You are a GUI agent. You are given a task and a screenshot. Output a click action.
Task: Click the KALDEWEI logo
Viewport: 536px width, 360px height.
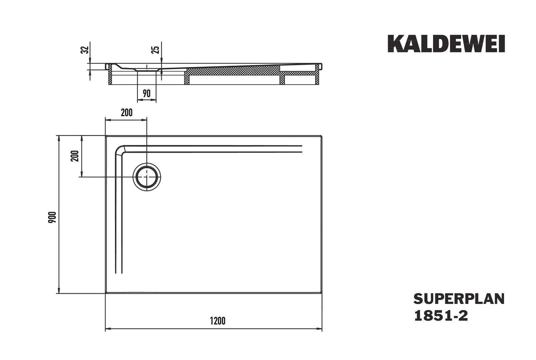(x=446, y=44)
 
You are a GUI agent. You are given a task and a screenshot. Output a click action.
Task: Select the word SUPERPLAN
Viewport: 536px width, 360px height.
(x=459, y=299)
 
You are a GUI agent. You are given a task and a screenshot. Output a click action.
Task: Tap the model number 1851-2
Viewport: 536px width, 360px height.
(x=441, y=316)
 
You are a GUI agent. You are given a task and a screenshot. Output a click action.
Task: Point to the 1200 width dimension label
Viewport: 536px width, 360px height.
(x=218, y=321)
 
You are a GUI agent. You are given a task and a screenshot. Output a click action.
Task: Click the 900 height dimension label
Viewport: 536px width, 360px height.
(x=52, y=217)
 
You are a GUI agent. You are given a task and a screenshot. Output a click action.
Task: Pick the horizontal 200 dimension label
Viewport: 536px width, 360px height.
(x=127, y=113)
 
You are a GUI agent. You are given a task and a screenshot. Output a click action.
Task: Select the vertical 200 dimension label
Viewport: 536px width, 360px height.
(x=75, y=156)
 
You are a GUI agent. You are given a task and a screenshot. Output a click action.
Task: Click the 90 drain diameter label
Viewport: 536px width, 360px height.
(x=147, y=94)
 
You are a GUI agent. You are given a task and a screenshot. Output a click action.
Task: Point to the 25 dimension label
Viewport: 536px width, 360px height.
(x=155, y=50)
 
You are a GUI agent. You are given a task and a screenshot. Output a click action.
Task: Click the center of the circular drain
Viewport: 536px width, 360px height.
(x=147, y=177)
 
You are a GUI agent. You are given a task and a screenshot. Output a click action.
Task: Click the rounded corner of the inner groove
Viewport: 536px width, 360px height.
(x=119, y=149)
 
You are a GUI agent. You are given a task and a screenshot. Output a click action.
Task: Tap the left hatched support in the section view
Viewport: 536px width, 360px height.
(x=110, y=74)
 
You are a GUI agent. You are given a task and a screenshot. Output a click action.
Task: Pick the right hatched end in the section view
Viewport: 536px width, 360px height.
(x=317, y=74)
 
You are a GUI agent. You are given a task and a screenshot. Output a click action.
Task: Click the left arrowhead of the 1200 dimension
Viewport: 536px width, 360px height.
(x=108, y=329)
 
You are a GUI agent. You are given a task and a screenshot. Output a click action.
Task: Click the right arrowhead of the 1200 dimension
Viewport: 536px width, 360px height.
(x=319, y=329)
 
